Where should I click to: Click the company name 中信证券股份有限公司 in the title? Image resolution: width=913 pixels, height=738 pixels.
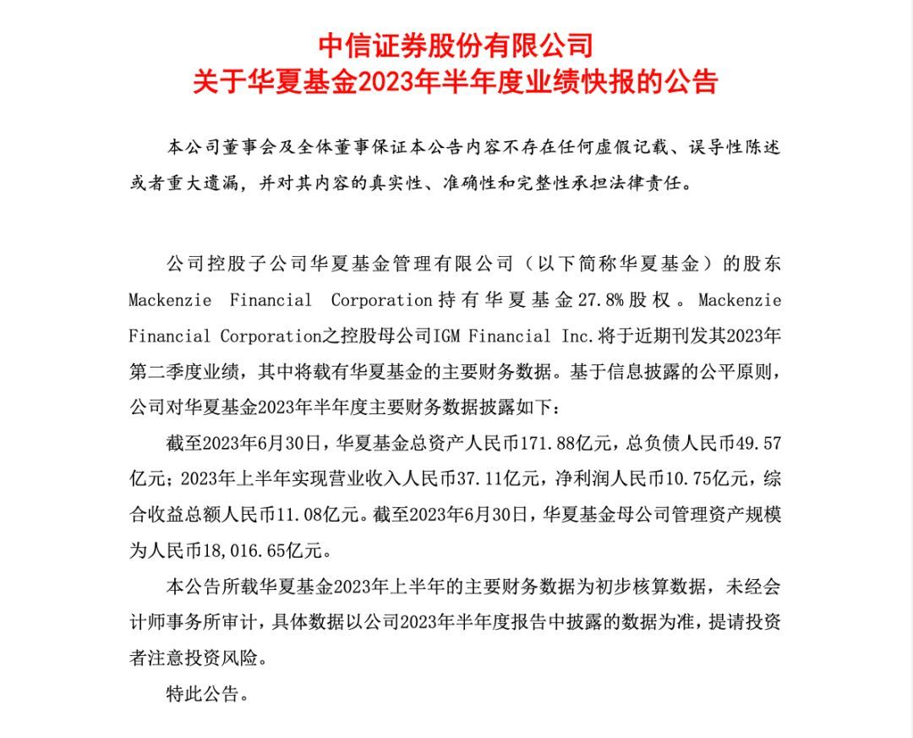point(456,45)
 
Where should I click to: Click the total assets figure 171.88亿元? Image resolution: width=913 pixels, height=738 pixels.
point(583,442)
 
